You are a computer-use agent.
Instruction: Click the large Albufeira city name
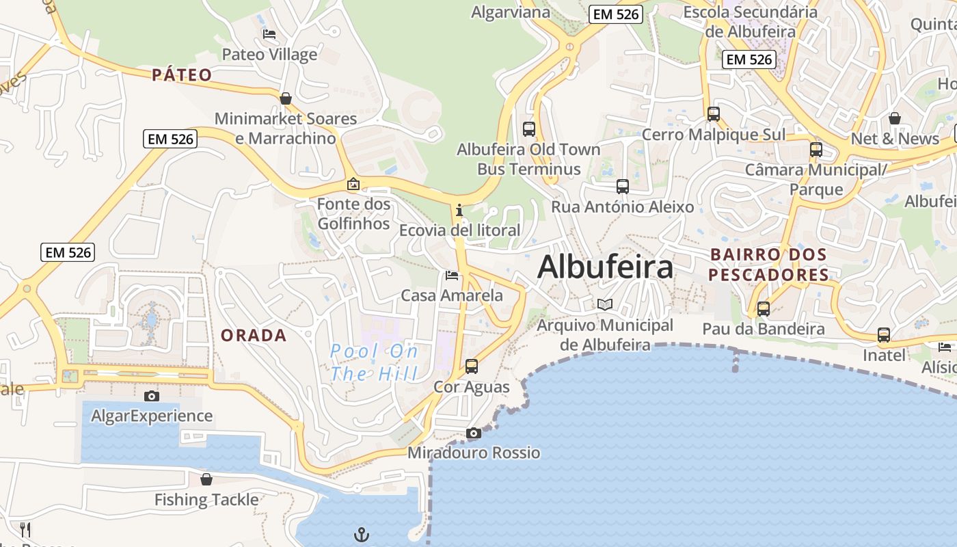coord(605,267)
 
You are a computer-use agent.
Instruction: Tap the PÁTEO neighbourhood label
coord(182,75)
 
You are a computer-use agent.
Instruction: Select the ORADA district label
coord(254,335)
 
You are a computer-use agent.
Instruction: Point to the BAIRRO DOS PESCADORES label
coord(769,265)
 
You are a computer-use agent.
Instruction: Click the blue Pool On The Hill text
coord(374,362)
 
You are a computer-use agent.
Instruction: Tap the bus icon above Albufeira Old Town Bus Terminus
coord(528,129)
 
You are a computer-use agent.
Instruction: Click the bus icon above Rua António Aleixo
coord(622,186)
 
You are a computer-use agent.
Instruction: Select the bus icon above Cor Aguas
coord(472,366)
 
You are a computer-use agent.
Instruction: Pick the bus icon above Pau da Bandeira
coord(764,308)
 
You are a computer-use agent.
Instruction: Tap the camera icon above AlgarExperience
coord(152,396)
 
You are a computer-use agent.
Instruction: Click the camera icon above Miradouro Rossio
coord(473,433)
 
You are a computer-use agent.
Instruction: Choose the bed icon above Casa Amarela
coord(451,276)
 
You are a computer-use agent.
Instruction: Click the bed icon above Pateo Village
coord(269,34)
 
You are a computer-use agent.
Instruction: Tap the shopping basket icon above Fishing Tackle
coord(206,479)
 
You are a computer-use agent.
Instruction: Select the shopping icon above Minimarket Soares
coord(286,98)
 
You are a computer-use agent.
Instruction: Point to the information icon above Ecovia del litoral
coord(459,210)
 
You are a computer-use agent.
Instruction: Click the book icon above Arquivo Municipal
coord(605,304)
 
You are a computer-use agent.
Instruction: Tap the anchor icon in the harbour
coord(362,534)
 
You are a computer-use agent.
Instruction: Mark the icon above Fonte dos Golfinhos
coord(353,184)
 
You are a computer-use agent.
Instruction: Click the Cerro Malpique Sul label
coord(714,135)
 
